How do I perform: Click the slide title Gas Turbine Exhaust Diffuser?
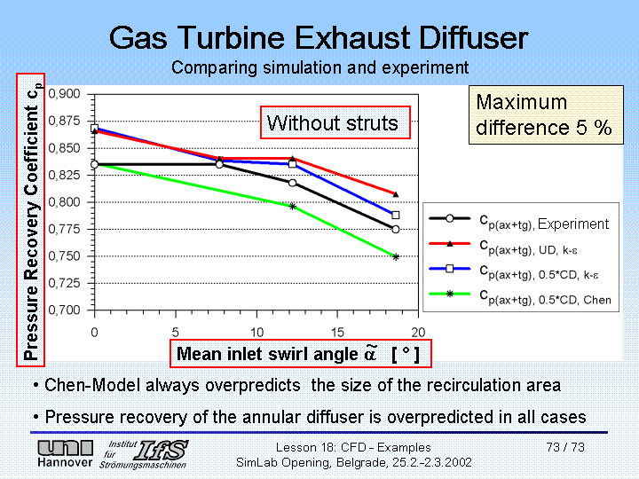(319, 37)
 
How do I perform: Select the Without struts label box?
(333, 122)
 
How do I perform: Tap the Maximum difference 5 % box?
(543, 114)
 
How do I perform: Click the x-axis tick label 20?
(418, 331)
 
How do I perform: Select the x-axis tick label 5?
(176, 331)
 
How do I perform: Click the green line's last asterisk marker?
(396, 256)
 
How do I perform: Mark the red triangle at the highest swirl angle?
(396, 194)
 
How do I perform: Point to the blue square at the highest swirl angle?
(396, 215)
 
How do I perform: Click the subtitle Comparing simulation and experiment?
(319, 67)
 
